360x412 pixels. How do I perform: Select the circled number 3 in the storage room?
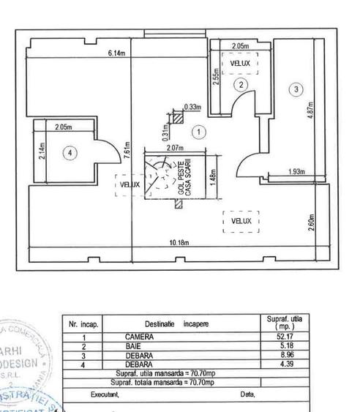296,89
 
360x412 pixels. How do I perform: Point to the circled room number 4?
69,153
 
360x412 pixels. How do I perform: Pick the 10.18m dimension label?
181,243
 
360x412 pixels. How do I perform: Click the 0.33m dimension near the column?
194,107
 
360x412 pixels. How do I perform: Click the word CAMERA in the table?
139,336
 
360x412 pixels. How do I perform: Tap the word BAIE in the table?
133,345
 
